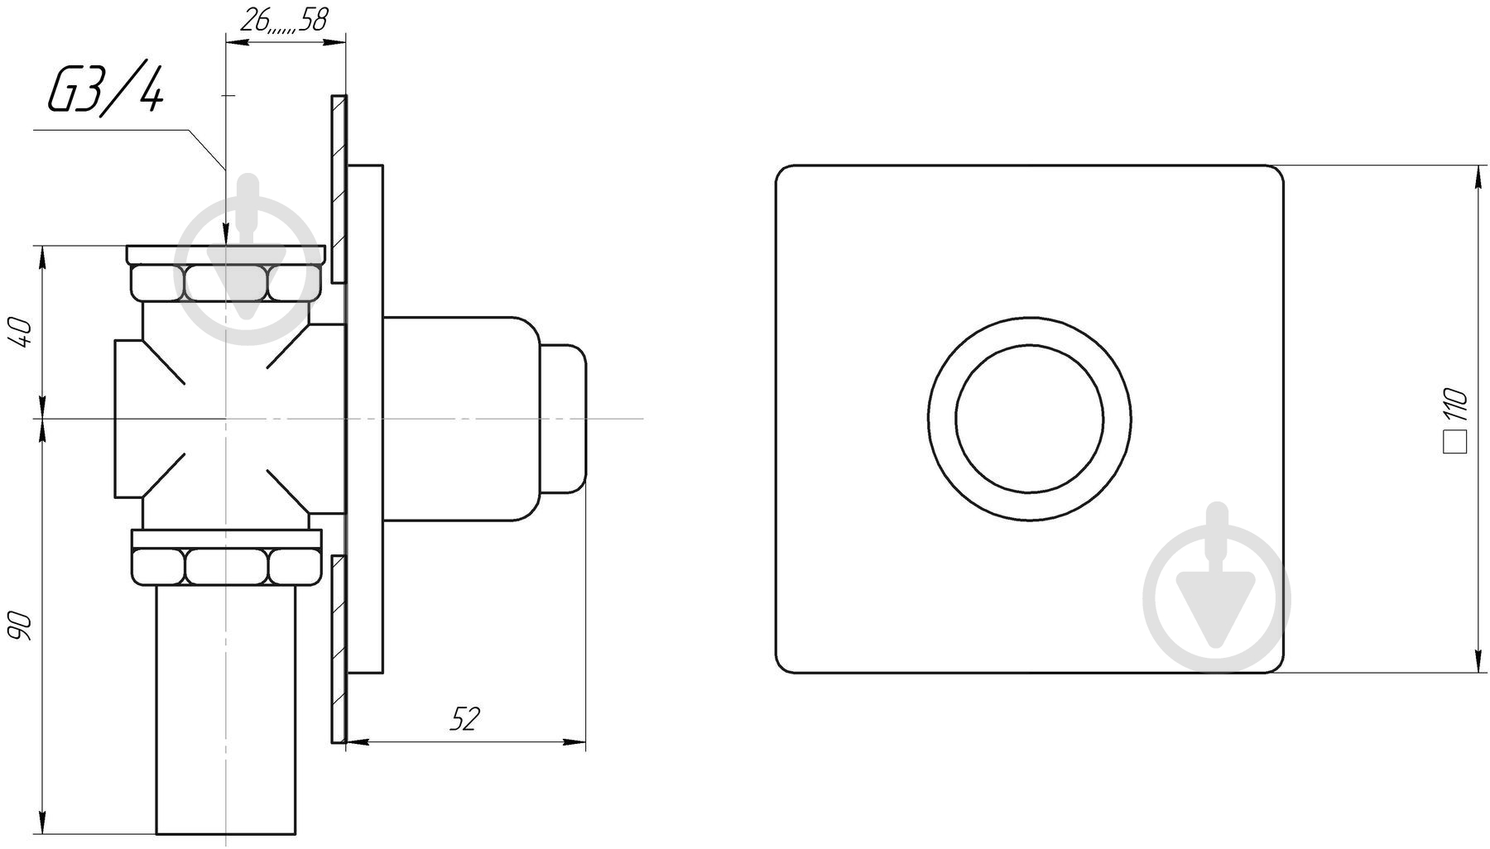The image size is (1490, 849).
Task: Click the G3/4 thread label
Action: pyautogui.click(x=105, y=90)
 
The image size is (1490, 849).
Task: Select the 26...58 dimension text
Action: pyautogui.click(x=282, y=21)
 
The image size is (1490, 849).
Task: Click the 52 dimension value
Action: pyautogui.click(x=464, y=720)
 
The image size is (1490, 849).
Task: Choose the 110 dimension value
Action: pyautogui.click(x=1455, y=404)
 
